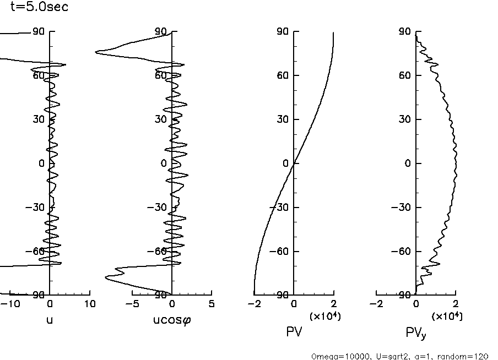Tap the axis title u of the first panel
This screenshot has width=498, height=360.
(50, 320)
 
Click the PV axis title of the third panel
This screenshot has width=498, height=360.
(294, 332)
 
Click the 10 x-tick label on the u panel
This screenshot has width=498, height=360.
(89, 304)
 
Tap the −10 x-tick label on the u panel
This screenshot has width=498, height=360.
(12, 304)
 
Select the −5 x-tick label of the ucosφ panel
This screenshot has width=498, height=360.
(130, 304)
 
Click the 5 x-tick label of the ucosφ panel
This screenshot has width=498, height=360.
(212, 304)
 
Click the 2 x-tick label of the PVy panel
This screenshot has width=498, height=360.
(456, 304)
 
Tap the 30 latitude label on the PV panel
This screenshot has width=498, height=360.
(283, 119)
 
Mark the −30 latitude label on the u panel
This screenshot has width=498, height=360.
(37, 208)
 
